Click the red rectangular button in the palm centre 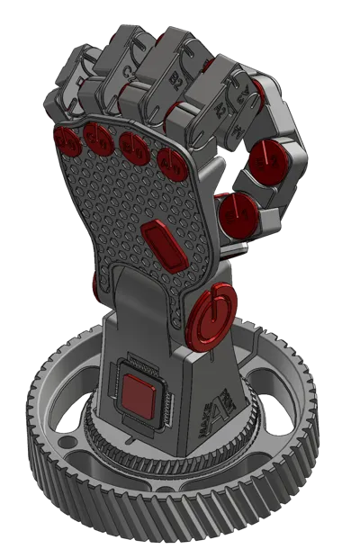coord(160,240)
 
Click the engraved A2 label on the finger coord(219,109)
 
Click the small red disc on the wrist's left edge coord(94,286)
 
